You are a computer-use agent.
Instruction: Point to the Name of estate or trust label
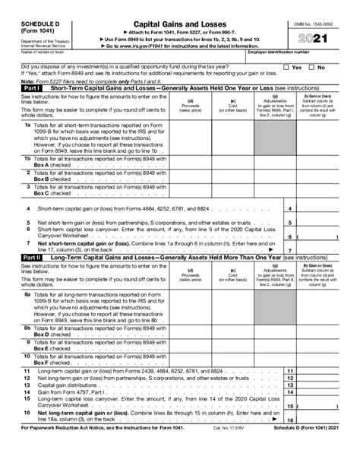point(25,53)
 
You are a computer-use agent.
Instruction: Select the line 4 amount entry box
point(323,208)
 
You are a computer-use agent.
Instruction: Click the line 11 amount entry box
point(323,372)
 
